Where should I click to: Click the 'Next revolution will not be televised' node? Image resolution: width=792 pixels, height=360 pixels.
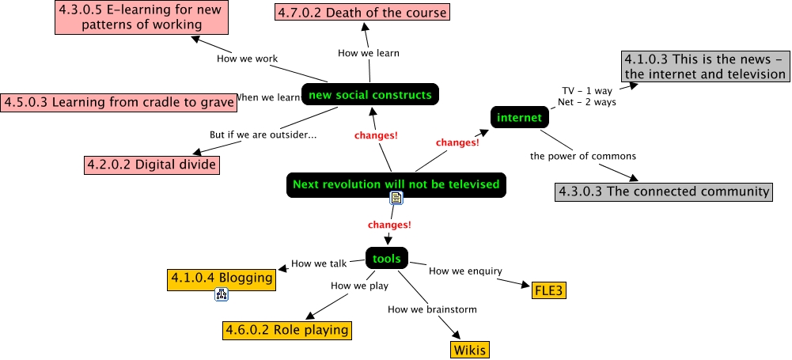tap(396, 184)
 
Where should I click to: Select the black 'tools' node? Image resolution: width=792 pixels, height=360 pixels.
tap(387, 258)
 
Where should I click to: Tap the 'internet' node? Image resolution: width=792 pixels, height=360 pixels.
tap(519, 118)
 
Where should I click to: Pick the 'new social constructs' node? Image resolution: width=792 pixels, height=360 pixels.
tap(369, 95)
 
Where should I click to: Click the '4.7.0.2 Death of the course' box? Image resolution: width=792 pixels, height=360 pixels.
tap(362, 12)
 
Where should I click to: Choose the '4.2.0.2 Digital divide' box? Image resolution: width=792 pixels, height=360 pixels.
tap(151, 165)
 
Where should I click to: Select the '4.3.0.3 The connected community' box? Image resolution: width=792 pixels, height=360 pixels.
tap(663, 191)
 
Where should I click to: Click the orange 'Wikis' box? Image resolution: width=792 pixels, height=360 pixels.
tap(470, 349)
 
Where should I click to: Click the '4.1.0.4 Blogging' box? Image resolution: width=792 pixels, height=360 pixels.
tap(222, 278)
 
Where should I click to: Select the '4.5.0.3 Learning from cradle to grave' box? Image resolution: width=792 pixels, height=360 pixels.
tap(119, 102)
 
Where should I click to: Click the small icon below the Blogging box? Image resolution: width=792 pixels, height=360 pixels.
tap(222, 295)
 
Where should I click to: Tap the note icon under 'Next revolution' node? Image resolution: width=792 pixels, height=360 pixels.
tap(396, 199)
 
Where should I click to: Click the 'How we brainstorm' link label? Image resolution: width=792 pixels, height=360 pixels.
tap(432, 309)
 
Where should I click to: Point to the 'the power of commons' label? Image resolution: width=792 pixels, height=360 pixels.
tap(582, 156)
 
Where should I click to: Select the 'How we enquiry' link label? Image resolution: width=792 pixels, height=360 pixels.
tap(465, 271)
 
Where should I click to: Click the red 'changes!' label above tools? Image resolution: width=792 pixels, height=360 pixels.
tap(389, 225)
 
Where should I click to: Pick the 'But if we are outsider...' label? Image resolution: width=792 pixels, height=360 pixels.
tap(263, 135)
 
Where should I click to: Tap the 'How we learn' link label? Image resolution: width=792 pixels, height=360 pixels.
tap(368, 53)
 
